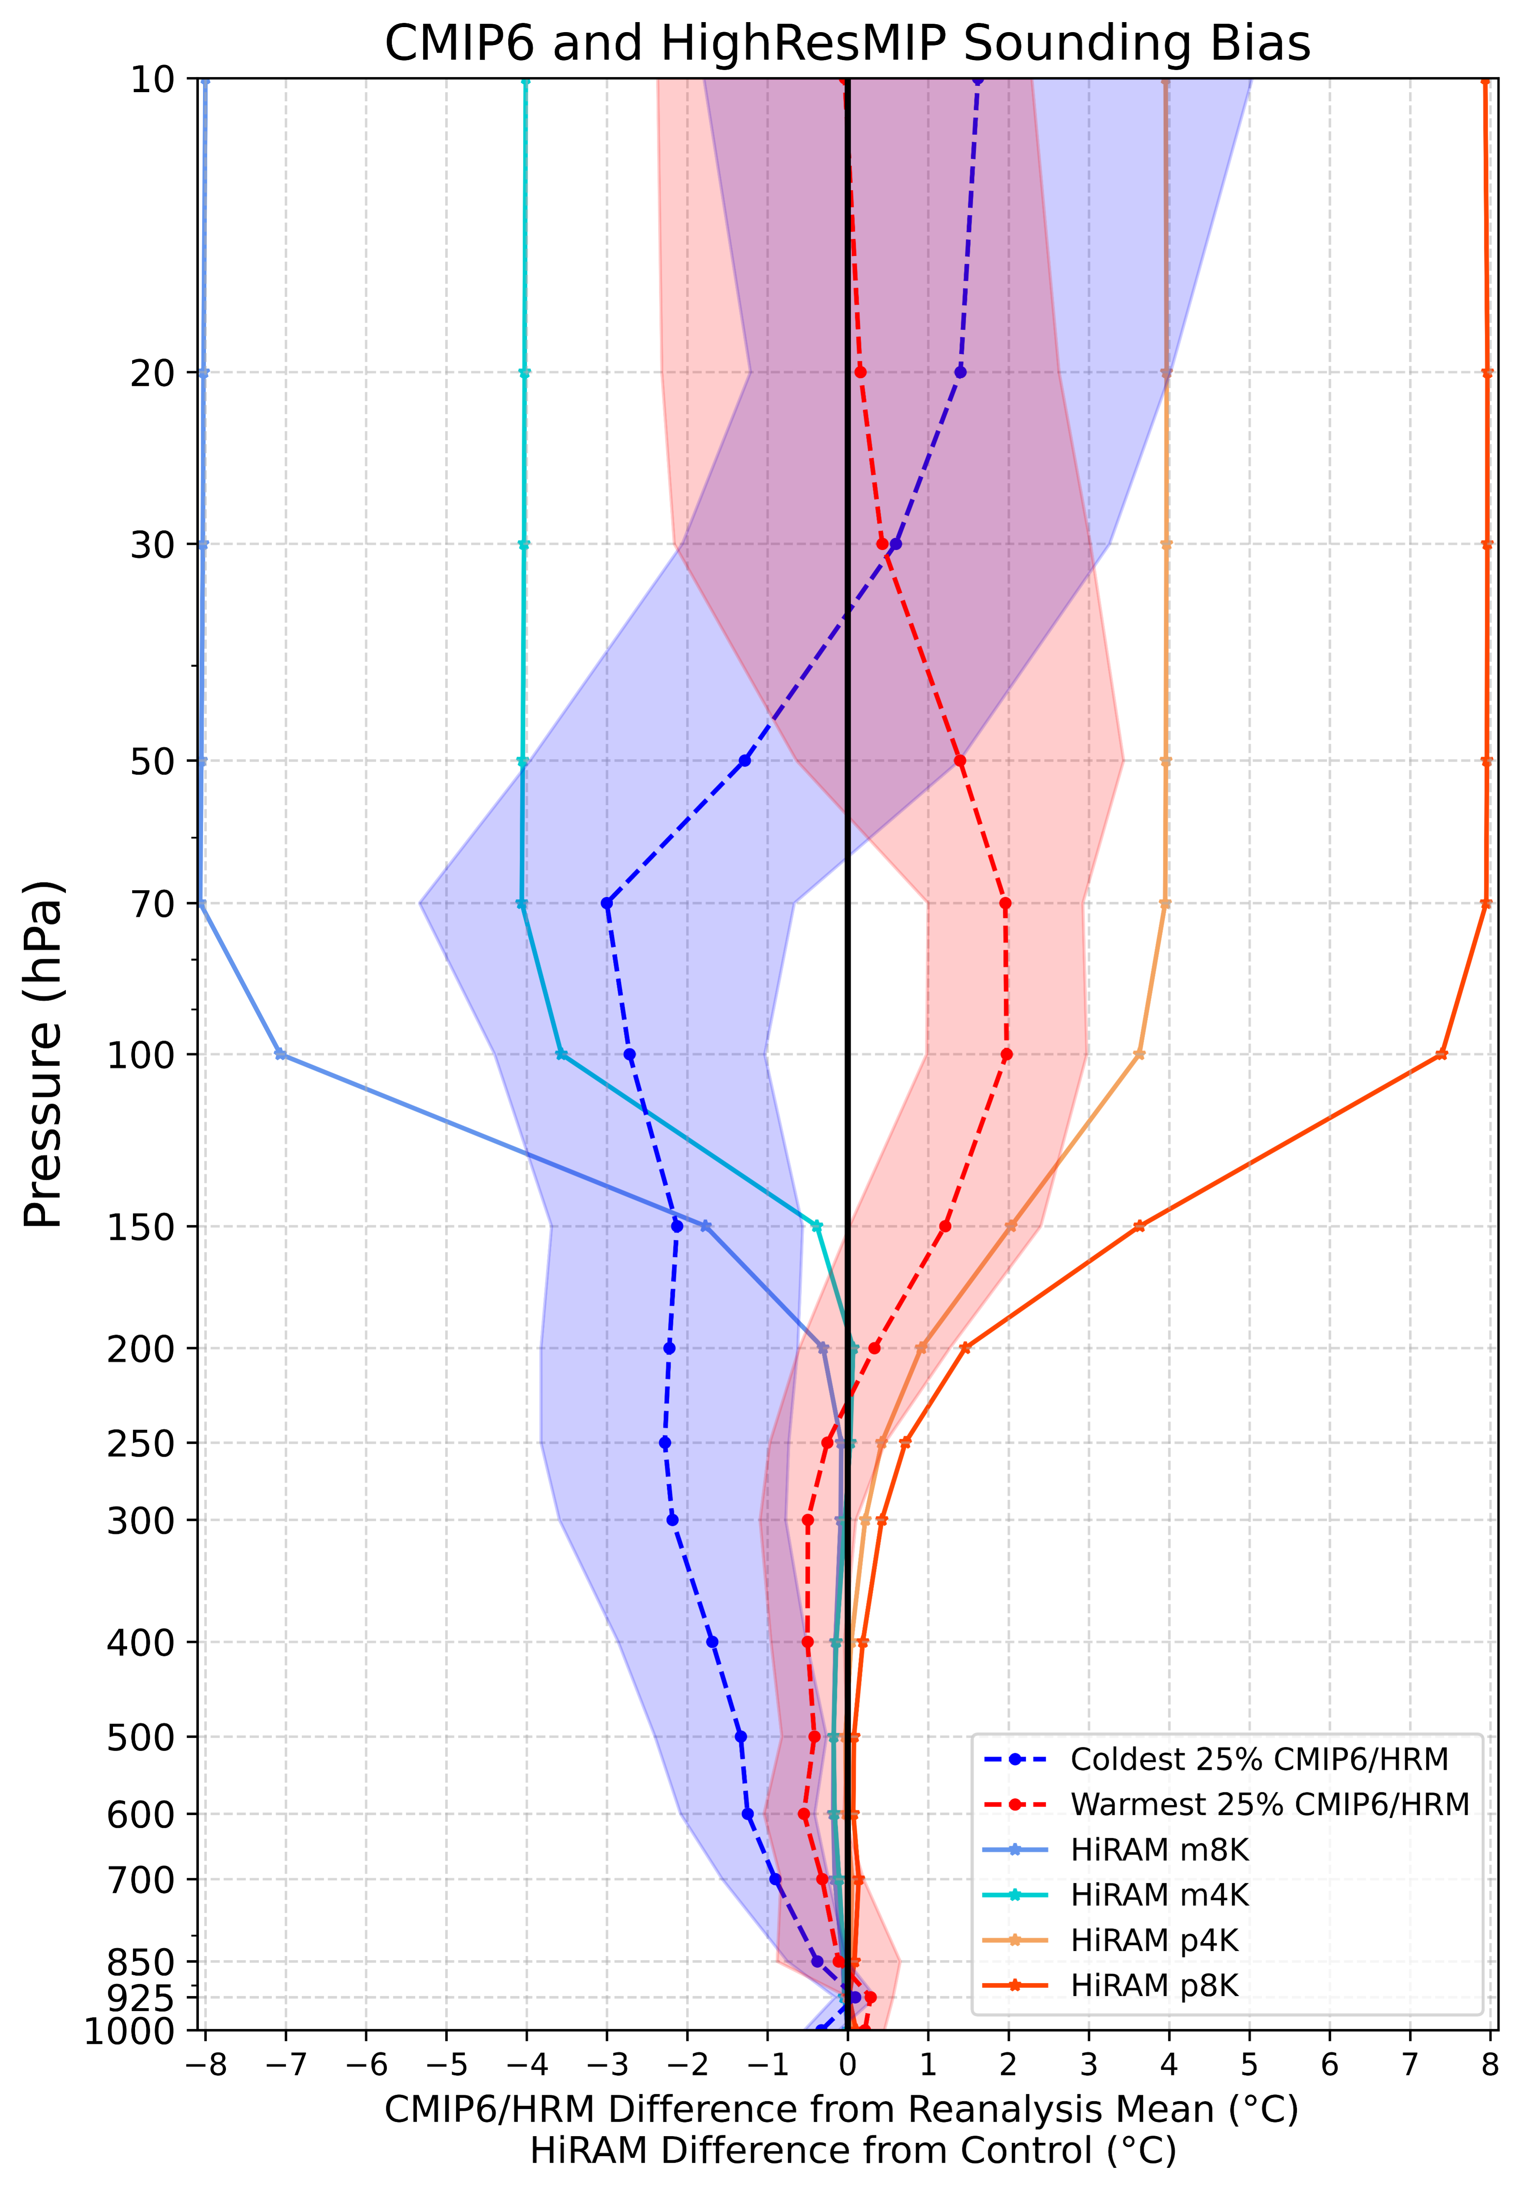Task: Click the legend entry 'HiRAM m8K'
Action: [x=1158, y=1851]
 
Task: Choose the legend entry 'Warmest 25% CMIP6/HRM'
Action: [x=1269, y=1805]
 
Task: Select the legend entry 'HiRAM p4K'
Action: [x=1154, y=1941]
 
